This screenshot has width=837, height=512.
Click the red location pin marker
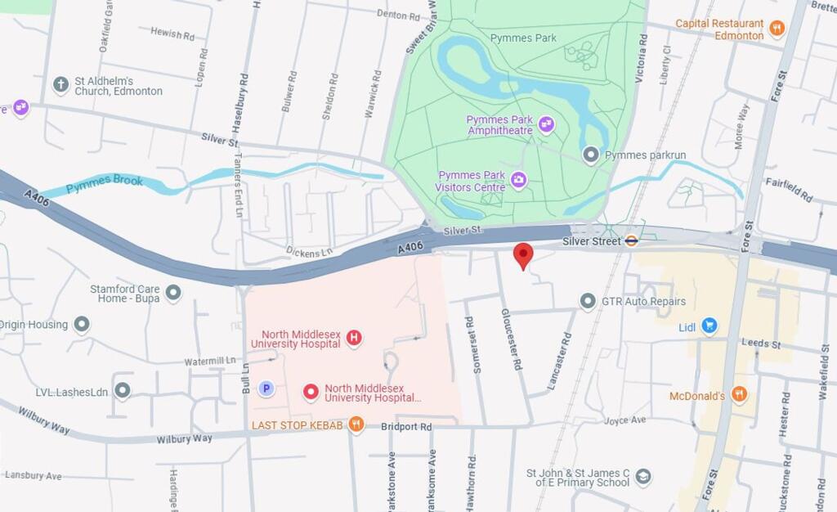pos(523,255)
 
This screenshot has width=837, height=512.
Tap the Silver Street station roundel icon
pos(632,241)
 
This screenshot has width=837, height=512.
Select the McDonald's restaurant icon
pos(739,395)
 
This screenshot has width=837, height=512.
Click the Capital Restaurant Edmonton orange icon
pos(777,29)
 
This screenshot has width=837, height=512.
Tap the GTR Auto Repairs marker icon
pos(588,302)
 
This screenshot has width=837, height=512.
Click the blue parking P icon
pos(266,388)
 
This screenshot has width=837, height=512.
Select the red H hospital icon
pos(354,337)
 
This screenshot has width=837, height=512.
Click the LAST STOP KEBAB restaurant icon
pos(356,424)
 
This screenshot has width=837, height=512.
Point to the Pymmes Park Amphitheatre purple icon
pos(546,124)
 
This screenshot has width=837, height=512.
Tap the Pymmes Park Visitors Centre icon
pos(518,180)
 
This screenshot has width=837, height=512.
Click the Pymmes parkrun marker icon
pos(591,155)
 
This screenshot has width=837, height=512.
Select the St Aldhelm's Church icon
pos(60,85)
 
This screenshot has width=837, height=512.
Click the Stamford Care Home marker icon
pos(172,293)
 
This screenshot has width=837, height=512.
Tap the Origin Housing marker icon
pos(82,325)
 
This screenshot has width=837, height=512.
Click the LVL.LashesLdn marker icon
pos(123,391)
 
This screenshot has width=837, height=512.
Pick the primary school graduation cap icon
pos(643,477)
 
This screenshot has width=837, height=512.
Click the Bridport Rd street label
pos(406,427)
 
